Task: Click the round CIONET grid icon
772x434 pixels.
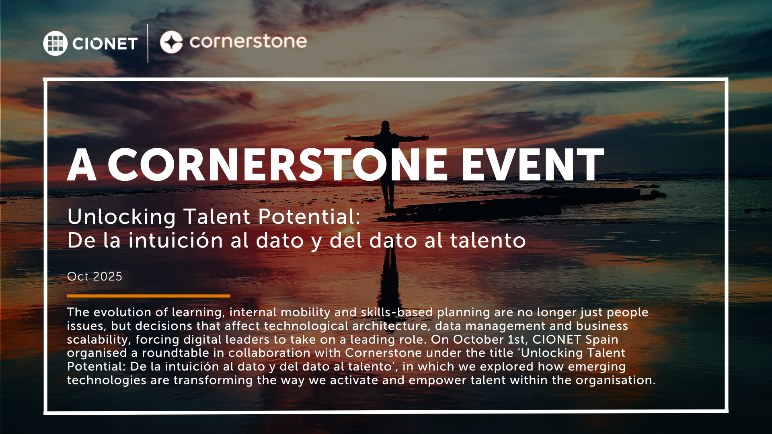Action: pos(55,43)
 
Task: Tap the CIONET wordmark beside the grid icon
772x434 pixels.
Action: pos(105,43)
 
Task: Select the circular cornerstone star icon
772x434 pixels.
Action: pos(171,42)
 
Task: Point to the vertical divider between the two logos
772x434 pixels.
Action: pos(148,43)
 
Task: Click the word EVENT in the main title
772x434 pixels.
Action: pos(532,165)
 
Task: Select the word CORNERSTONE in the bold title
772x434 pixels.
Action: pos(277,165)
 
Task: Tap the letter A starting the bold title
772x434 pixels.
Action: pos(82,165)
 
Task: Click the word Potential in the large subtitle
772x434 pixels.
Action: pos(309,217)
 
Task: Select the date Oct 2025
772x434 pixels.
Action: pos(94,276)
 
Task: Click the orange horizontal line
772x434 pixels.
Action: pos(148,296)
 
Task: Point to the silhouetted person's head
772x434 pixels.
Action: pos(386,125)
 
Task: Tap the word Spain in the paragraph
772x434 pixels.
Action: pos(602,340)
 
